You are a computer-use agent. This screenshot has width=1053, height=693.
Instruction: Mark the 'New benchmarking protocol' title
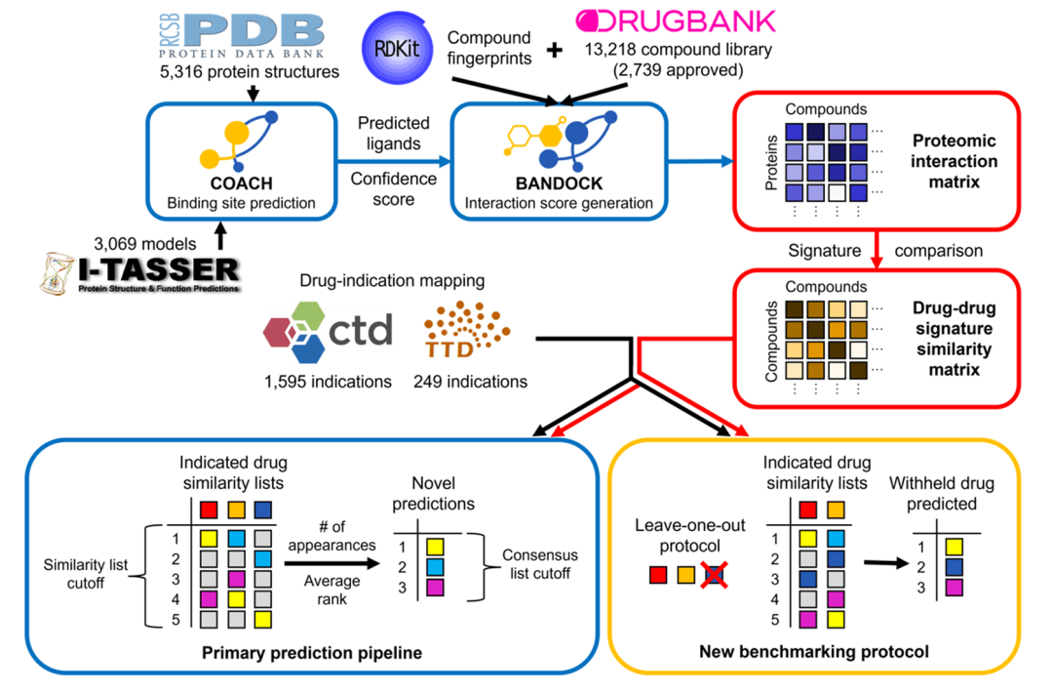coord(811,650)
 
